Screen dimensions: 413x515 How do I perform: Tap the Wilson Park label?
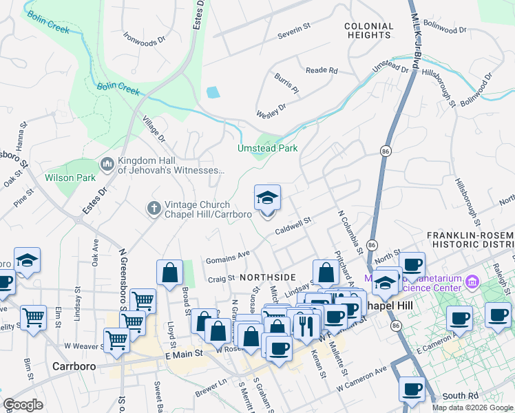coord(70,177)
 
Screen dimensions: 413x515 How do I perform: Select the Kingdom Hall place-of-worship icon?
coord(107,164)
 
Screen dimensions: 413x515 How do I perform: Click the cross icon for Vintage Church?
coord(154,207)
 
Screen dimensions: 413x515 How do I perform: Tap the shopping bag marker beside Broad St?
coord(169,273)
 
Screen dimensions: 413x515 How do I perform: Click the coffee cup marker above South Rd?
coord(412,390)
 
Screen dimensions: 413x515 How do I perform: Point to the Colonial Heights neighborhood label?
coord(369,30)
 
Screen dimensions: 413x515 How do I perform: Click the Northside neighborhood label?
coord(262,276)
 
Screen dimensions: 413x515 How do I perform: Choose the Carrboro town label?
coord(73,366)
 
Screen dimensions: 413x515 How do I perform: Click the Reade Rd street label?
coord(322,70)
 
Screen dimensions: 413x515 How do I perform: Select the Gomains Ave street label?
coord(228,257)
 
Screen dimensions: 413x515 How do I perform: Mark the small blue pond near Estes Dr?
coord(213,92)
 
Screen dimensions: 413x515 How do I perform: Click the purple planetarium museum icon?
coord(472,281)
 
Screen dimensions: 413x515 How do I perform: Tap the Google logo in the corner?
coord(23,405)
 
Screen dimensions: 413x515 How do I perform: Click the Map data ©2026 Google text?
coord(472,407)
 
